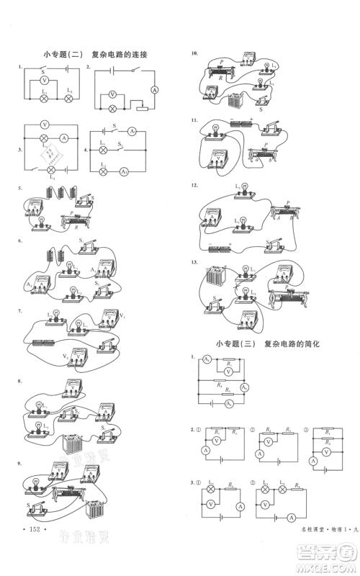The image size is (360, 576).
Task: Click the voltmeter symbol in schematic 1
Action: [x=43, y=83]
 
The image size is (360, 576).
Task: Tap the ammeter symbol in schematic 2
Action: [x=153, y=89]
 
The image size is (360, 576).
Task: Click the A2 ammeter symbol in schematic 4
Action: [x=124, y=172]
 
